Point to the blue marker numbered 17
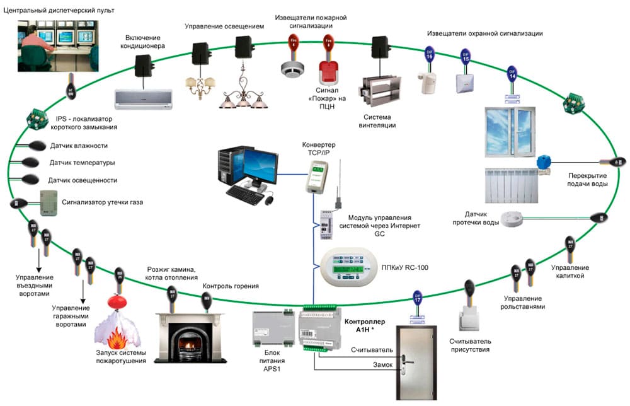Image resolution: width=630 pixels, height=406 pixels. pyautogui.click(x=416, y=298)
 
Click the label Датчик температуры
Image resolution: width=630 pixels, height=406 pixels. pyautogui.click(x=82, y=163)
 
